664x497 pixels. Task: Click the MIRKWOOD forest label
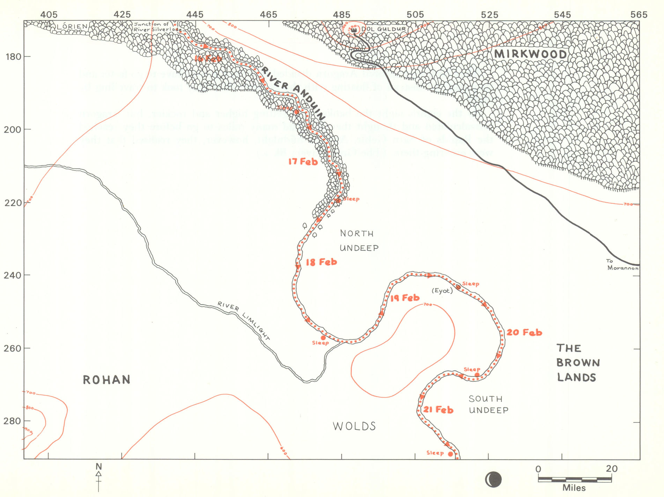coord(530,54)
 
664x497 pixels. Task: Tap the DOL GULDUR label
coord(383,29)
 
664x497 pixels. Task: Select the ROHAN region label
coord(106,380)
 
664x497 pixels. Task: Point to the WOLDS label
coord(354,426)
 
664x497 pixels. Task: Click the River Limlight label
coord(244,320)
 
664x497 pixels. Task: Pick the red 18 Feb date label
coord(321,262)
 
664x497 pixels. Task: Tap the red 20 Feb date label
coord(524,332)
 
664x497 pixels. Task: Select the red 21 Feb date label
coord(438,409)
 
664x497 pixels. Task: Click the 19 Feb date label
coord(405,298)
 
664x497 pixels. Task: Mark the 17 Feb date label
coord(303,162)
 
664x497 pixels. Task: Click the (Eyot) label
coord(442,290)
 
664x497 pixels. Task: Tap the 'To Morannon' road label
coord(622,265)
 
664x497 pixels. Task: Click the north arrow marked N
coord(98,477)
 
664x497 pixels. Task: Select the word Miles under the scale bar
coord(574,488)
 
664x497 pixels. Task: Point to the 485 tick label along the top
coord(341,15)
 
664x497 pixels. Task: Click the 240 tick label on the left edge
coord(12,275)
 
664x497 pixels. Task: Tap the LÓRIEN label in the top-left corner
coord(72,26)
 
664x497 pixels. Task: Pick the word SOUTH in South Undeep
coord(485,399)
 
